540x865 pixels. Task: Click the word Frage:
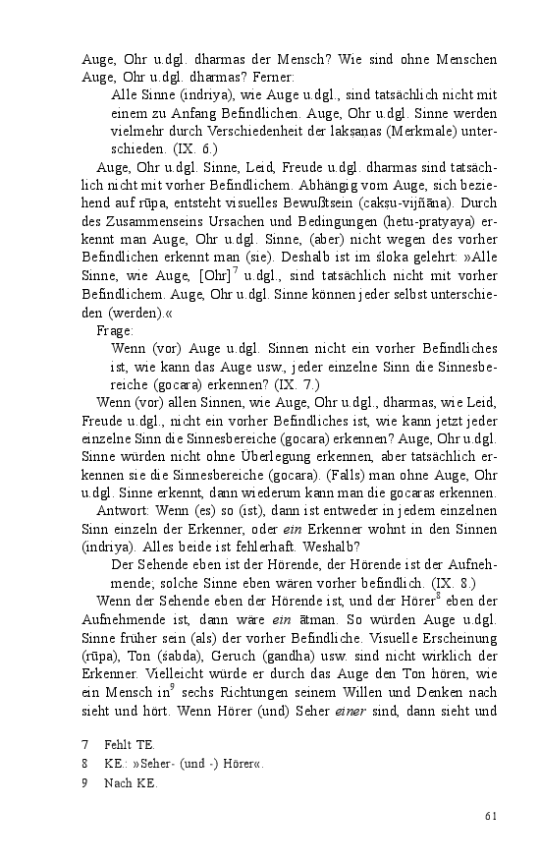tap(115, 331)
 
